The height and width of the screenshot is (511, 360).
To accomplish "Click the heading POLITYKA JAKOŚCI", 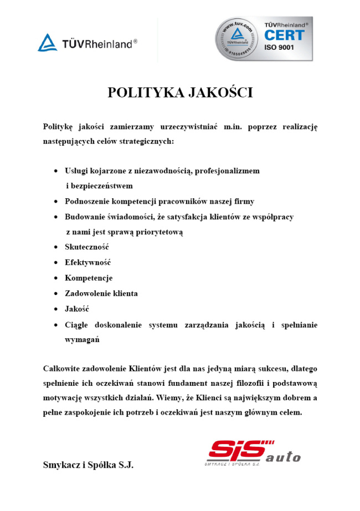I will [180, 92].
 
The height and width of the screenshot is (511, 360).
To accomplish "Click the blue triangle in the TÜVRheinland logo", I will [47, 43].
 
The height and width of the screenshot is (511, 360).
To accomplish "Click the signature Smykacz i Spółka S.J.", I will [88, 465].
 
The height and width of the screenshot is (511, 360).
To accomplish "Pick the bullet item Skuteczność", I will [86, 247].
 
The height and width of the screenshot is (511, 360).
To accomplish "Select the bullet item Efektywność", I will [88, 262].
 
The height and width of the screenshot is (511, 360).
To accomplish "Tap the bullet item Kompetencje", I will [89, 278].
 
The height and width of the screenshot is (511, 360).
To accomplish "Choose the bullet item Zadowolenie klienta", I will [101, 293].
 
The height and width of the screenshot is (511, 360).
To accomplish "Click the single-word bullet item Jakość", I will [77, 309].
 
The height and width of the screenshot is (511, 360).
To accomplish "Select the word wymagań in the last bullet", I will [82, 339].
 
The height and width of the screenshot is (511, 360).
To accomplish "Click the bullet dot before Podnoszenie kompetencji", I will [56, 202].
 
